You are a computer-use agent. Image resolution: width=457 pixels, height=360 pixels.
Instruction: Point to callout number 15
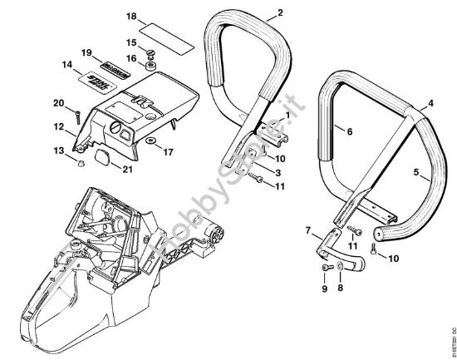pos(130,42)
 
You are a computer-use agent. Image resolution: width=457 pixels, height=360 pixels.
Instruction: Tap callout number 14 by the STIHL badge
pos(67,64)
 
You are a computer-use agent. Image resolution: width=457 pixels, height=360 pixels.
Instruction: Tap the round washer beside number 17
pos(152,151)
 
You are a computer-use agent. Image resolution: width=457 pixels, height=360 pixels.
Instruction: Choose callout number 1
pos(286,113)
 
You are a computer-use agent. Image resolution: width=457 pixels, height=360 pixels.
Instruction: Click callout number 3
pos(279,172)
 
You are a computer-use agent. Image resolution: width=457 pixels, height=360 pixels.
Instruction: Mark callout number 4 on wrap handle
pos(430,105)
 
